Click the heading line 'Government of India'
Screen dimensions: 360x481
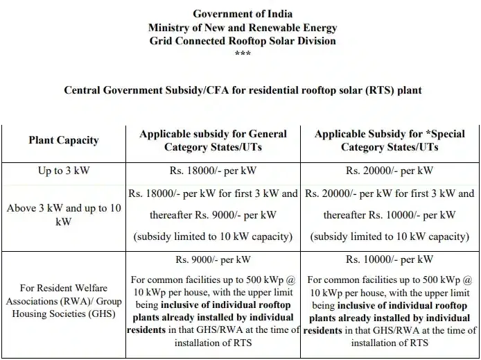click(x=243, y=14)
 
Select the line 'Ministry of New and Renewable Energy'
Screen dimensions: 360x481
click(x=243, y=28)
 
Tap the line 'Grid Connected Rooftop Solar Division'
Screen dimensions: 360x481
click(x=243, y=41)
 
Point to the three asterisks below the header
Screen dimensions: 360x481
click(x=243, y=53)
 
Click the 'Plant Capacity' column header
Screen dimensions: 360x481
click(x=63, y=140)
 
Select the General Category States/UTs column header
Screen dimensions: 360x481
click(x=214, y=140)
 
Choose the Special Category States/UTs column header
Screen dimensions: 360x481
click(x=389, y=140)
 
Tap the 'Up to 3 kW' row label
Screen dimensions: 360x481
click(x=63, y=170)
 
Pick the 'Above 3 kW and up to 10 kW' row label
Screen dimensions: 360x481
click(x=63, y=215)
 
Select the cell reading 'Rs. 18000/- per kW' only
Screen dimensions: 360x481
click(x=214, y=171)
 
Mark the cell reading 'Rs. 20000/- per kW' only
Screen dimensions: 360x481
click(x=389, y=171)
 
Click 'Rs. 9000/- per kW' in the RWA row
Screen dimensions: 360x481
click(x=214, y=260)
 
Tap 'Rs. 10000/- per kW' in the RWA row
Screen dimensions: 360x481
click(x=389, y=260)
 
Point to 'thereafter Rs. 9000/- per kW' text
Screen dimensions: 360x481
click(x=214, y=215)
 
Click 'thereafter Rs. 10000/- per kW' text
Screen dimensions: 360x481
click(x=389, y=215)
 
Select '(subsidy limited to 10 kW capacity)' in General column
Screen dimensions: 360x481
click(x=214, y=237)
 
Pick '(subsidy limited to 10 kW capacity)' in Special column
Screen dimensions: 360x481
click(x=389, y=237)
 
